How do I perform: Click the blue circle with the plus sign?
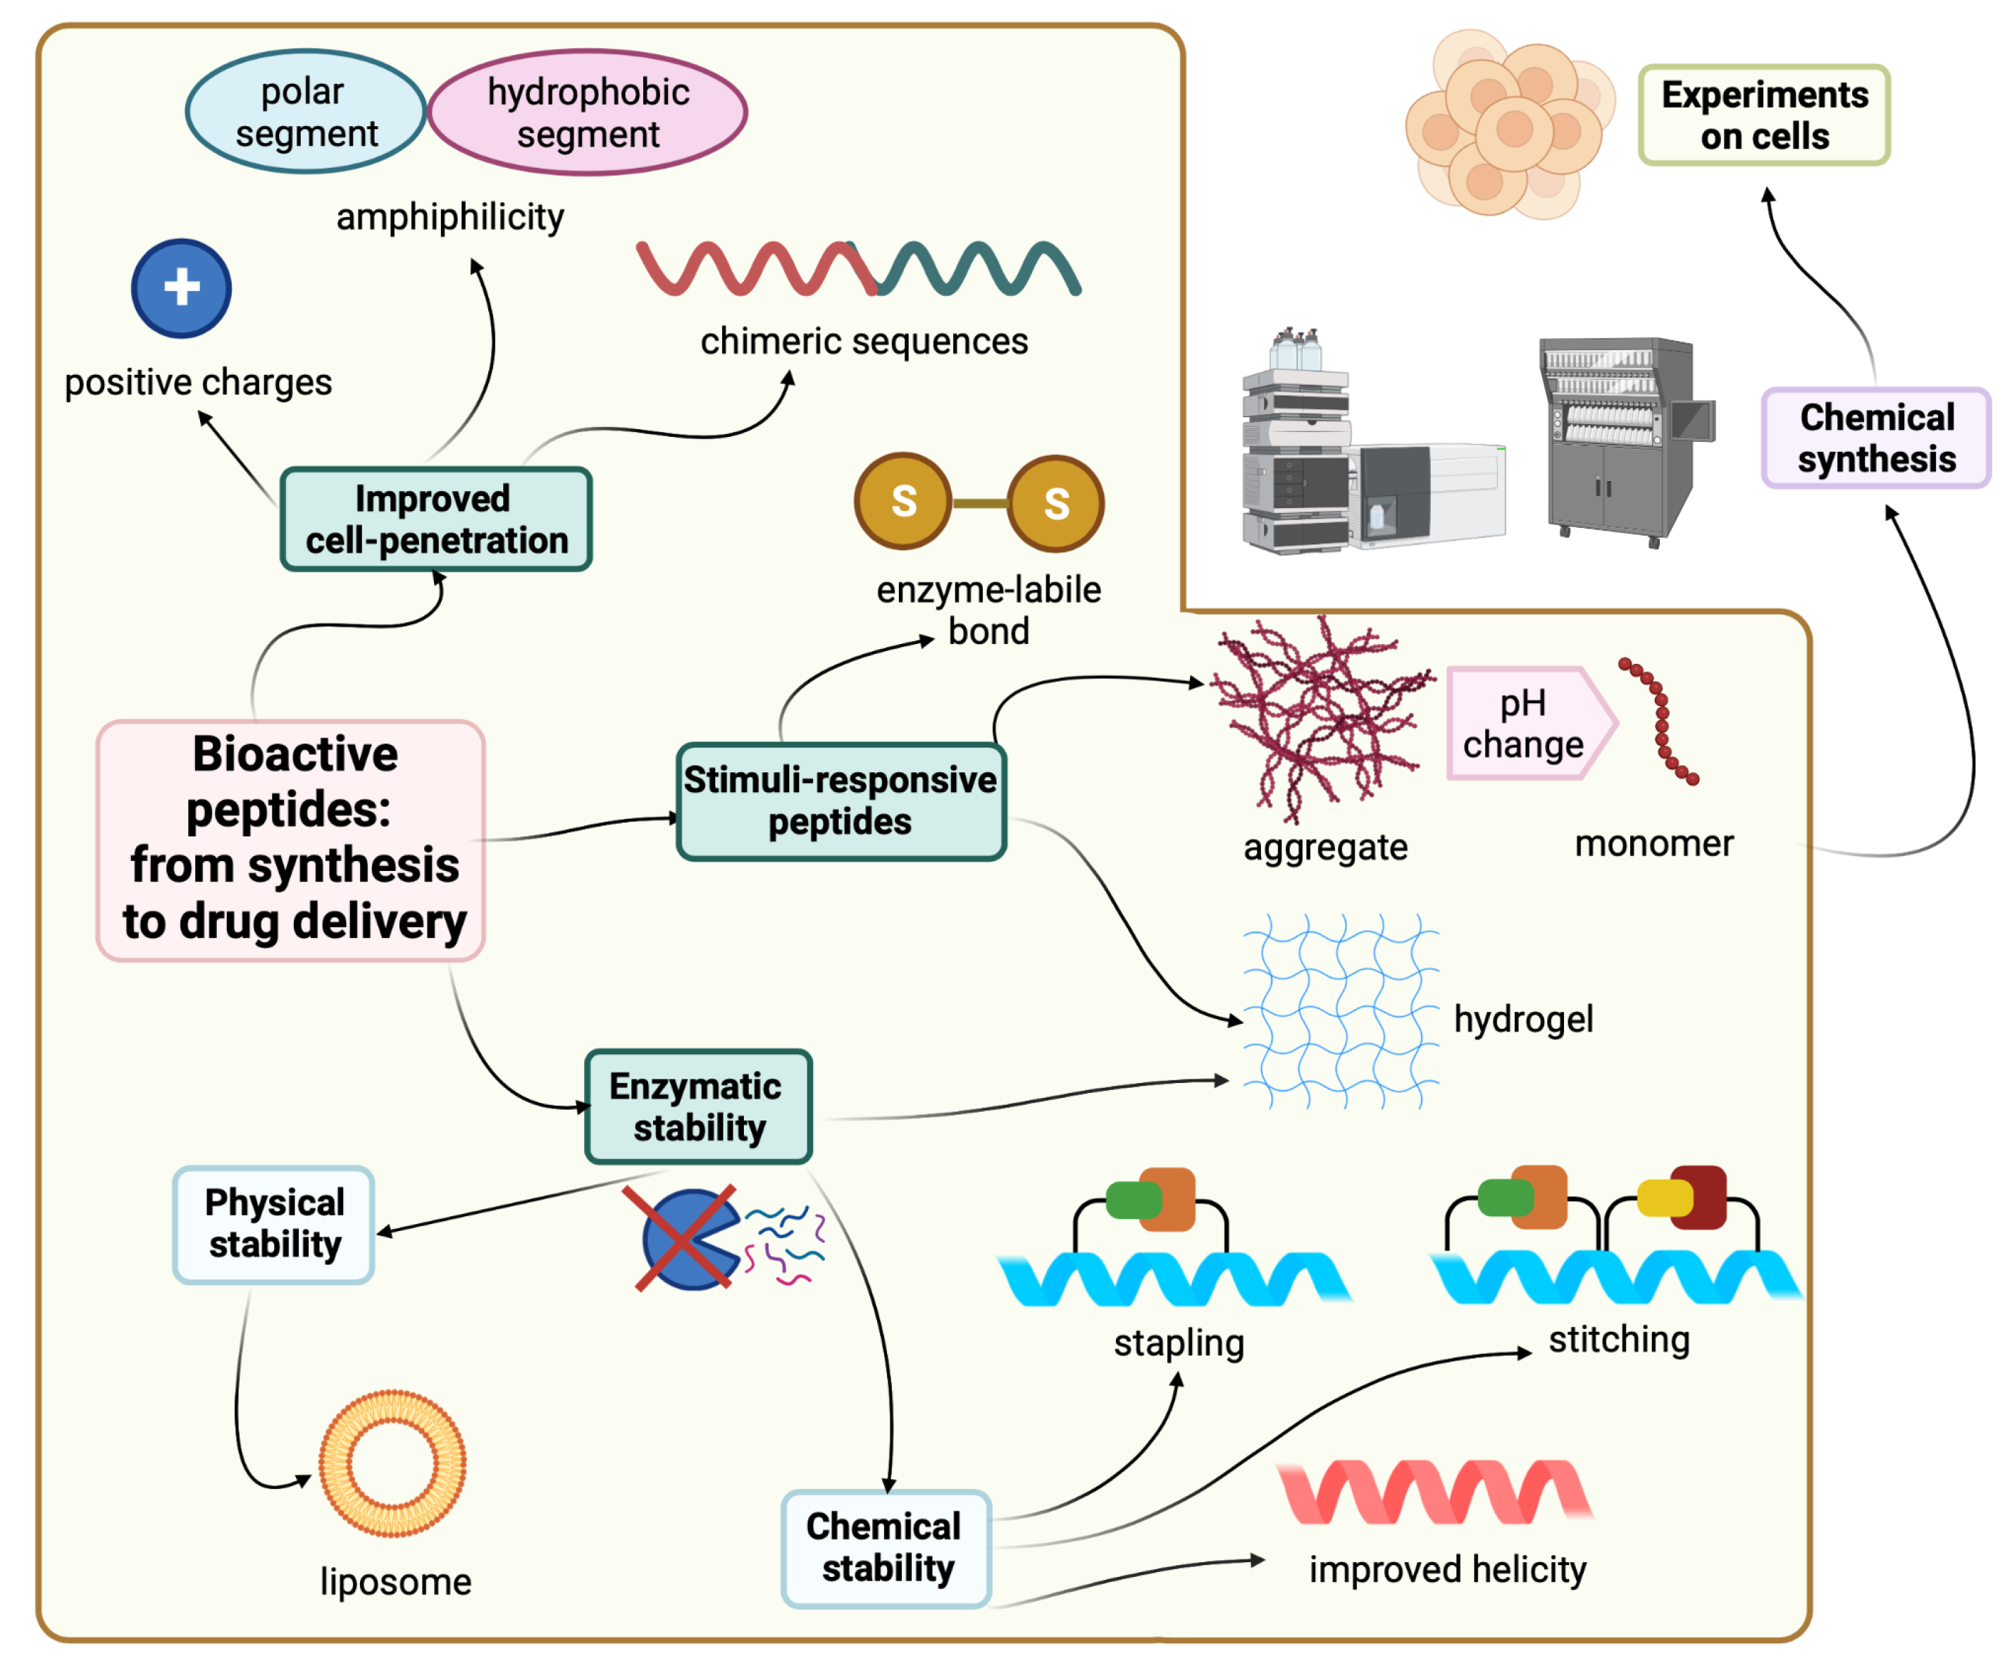(x=181, y=288)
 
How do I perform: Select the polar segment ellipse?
(x=306, y=113)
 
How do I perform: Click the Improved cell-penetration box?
(x=436, y=519)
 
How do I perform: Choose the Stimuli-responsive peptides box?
(x=840, y=801)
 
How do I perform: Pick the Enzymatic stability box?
(x=698, y=1107)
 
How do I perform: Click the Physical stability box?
(x=274, y=1224)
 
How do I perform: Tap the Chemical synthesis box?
(x=1876, y=438)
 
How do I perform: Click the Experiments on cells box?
(x=1764, y=116)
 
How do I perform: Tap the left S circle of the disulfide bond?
(x=903, y=501)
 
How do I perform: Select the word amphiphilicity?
(x=449, y=218)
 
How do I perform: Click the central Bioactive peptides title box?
(x=291, y=840)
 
